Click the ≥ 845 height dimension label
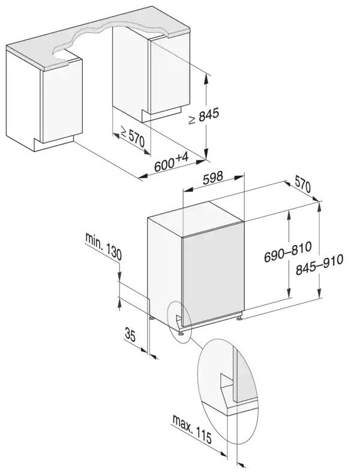click(x=203, y=116)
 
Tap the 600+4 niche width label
click(x=171, y=163)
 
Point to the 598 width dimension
click(x=212, y=178)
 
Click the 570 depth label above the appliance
click(x=302, y=185)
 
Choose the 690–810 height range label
click(x=287, y=252)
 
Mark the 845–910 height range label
click(x=319, y=265)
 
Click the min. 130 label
click(x=103, y=246)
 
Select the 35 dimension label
click(x=130, y=335)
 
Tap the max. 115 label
click(x=192, y=428)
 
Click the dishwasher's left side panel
click(x=164, y=271)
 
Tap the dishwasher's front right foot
click(x=239, y=317)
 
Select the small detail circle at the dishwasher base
click(x=179, y=321)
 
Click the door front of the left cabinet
click(x=62, y=101)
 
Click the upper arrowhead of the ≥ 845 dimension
click(x=206, y=78)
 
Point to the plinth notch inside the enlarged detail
click(x=227, y=381)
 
